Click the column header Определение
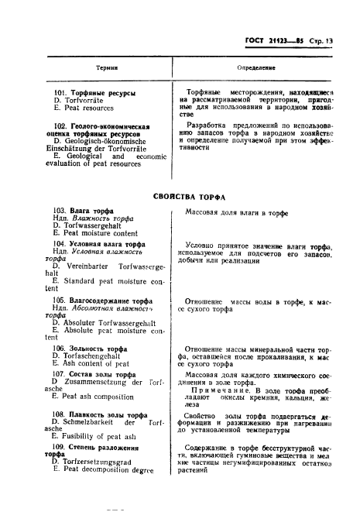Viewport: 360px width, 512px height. coord(251,68)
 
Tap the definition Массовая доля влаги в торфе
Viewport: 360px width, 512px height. coord(236,211)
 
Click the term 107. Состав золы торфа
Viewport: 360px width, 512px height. coord(96,373)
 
